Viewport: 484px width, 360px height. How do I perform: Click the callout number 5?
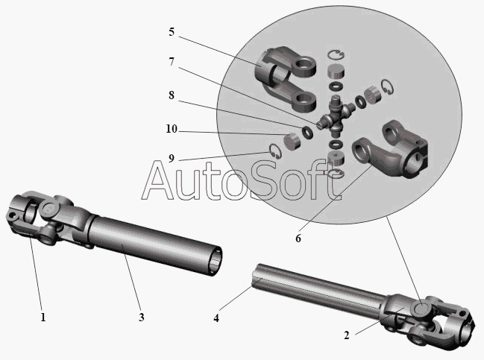(172, 32)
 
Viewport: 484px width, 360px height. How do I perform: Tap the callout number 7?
(172, 62)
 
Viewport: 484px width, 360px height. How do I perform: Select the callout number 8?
(172, 95)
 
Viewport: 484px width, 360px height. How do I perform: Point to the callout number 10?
(172, 129)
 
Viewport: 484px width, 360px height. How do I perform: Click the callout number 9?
(172, 158)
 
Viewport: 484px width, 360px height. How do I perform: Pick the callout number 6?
(298, 239)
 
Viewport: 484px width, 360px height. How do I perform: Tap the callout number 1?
(43, 317)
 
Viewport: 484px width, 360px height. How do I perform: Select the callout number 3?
(142, 317)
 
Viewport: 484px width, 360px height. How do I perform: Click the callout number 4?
(216, 318)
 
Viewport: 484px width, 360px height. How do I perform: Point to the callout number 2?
(347, 335)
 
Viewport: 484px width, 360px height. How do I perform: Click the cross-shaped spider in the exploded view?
(336, 116)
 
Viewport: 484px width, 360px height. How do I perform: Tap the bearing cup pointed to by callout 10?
(292, 142)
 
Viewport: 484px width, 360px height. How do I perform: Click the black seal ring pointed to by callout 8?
(307, 133)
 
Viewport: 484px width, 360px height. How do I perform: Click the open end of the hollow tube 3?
(215, 261)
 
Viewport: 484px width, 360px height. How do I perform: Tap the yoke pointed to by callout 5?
(284, 79)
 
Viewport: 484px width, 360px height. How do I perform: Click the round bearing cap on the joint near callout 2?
(421, 309)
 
